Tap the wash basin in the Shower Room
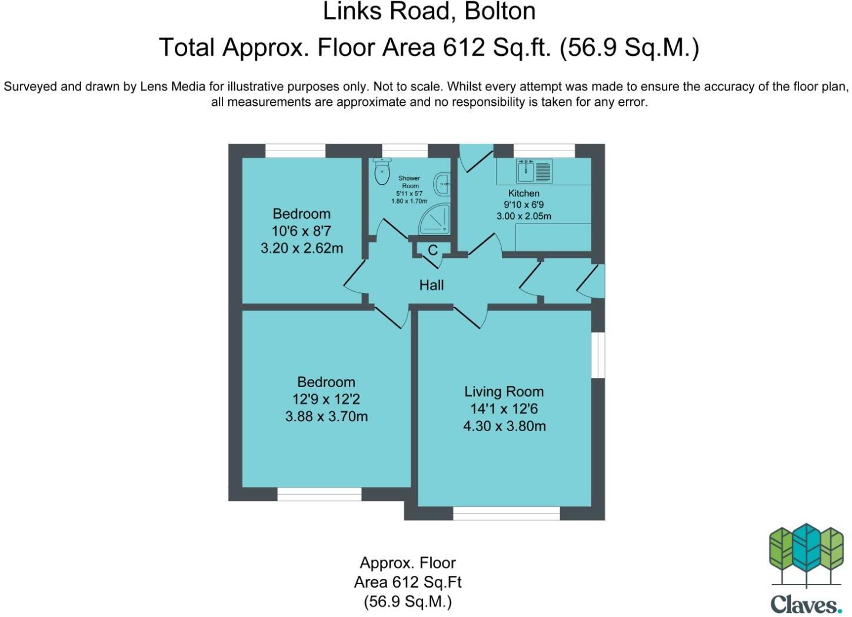click(442, 184)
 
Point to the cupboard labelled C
click(432, 251)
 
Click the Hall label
click(431, 285)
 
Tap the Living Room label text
click(504, 392)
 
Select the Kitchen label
click(523, 194)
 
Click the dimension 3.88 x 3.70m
click(326, 417)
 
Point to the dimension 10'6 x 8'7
click(301, 231)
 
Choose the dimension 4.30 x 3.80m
click(504, 426)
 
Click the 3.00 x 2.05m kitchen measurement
click(523, 216)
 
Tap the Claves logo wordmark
click(806, 604)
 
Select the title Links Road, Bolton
click(429, 12)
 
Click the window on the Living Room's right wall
click(598, 355)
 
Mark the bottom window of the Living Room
click(506, 513)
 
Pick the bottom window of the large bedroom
click(319, 494)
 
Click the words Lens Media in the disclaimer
click(172, 86)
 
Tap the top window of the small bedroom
click(295, 151)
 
